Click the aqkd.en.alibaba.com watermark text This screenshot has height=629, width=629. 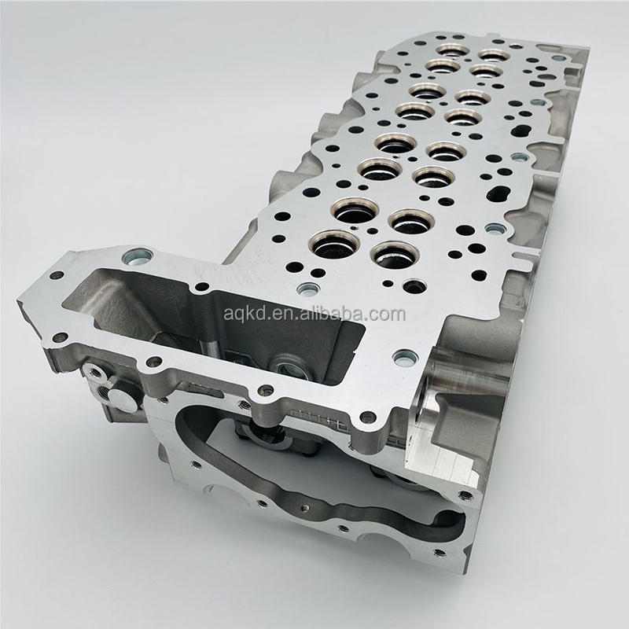pyautogui.click(x=314, y=314)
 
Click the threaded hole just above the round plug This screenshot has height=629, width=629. pyautogui.click(x=96, y=373)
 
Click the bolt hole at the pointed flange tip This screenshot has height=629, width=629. pyautogui.click(x=57, y=276)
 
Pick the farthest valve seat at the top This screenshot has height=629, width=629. pyautogui.click(x=452, y=51)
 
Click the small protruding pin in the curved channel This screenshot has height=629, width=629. pyautogui.click(x=304, y=509)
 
